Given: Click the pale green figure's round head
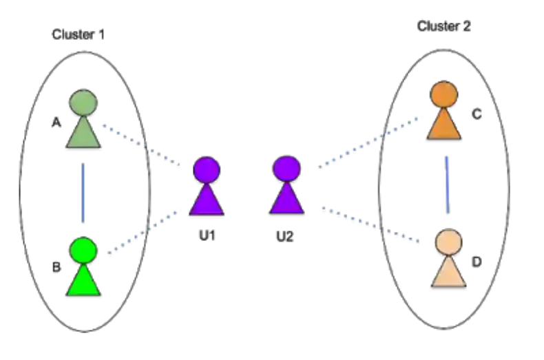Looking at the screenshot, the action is [83, 103].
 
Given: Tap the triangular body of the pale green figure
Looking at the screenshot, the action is [83, 134].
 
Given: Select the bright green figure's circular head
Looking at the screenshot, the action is [83, 251].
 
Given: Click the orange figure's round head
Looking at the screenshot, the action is [443, 94].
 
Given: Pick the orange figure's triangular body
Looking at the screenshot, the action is [443, 126].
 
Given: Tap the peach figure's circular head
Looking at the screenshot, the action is [448, 242].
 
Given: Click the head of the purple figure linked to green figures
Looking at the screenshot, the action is [206, 170].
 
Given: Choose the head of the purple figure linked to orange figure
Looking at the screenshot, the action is [286, 169].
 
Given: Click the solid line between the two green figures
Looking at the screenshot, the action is [83, 192].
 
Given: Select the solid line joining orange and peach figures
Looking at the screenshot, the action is [446, 184].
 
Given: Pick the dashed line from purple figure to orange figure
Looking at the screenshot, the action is [369, 141].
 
